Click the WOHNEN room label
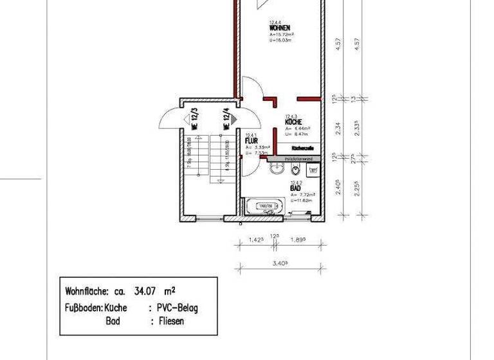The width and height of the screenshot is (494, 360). (278, 28)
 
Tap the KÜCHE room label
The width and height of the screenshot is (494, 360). (293, 122)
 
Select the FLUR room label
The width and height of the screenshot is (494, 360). (251, 140)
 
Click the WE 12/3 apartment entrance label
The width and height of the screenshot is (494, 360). (194, 120)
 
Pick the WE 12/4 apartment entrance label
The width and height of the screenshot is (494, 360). (226, 120)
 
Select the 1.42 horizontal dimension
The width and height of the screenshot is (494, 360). (256, 241)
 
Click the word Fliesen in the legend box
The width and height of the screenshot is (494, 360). (170, 321)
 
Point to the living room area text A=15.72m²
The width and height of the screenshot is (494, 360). (282, 35)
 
